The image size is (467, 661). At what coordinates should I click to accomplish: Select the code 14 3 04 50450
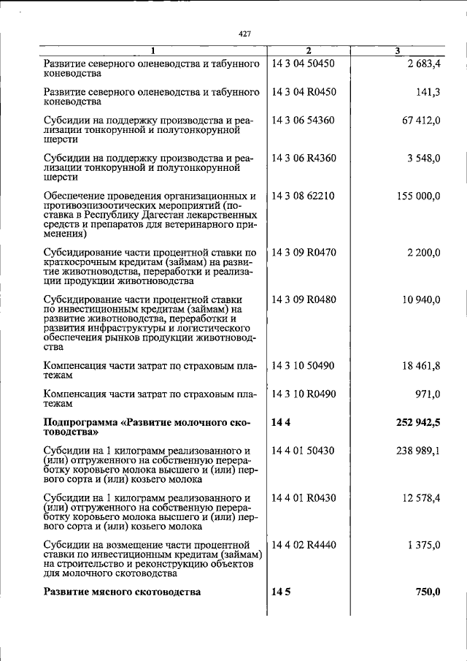[302, 64]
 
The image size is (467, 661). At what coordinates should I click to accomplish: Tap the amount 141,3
[426, 93]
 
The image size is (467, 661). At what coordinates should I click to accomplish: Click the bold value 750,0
[428, 592]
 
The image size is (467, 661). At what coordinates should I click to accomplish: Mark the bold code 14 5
[281, 592]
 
